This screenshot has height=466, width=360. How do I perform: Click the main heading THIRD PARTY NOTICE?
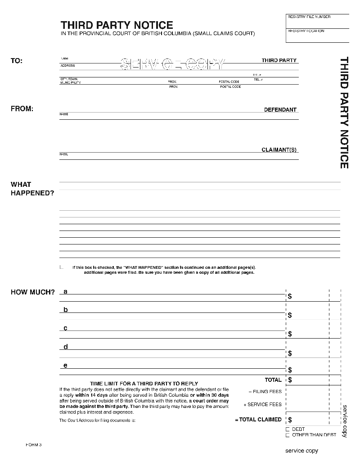pos(117,25)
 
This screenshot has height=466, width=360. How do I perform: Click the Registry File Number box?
pos(317,22)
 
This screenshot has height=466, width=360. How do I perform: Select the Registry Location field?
pos(317,36)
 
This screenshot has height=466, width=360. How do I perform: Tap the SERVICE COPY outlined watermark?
pos(171,65)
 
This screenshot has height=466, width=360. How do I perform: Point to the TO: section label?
pos(17,61)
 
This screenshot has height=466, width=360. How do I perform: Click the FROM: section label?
pos(22,109)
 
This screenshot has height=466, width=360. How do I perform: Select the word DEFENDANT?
pos(280,110)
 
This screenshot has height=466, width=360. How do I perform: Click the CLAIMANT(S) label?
pos(279,150)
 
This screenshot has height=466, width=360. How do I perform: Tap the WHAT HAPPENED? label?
pos(32,189)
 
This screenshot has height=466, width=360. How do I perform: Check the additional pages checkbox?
pos(62,267)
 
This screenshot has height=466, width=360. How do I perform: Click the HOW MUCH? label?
pos(32,292)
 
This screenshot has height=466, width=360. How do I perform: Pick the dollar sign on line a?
pos(290,296)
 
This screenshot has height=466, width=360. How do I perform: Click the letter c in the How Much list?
pos(66,328)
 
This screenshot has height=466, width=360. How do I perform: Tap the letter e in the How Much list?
pos(66,366)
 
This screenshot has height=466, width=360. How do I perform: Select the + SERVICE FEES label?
pos(262,404)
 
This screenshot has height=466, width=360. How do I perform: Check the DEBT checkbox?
pos(288,430)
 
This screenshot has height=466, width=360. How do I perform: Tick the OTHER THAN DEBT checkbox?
pos(288,435)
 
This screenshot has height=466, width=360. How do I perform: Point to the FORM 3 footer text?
pos(34,445)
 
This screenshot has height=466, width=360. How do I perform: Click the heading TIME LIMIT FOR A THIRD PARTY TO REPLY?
pos(144,384)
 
